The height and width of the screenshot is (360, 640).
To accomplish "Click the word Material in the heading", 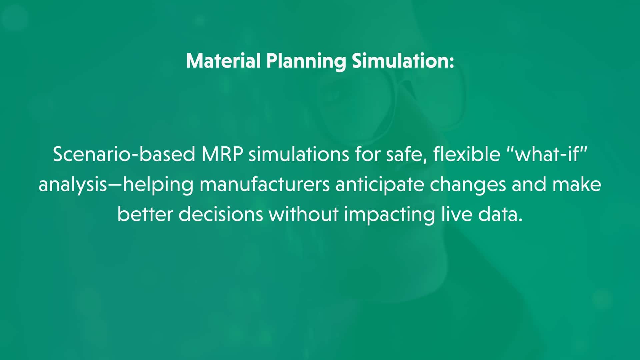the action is [x=223, y=61].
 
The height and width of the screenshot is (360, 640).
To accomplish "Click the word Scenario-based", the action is [x=124, y=154].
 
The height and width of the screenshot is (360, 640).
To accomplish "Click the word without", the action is [x=304, y=214].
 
